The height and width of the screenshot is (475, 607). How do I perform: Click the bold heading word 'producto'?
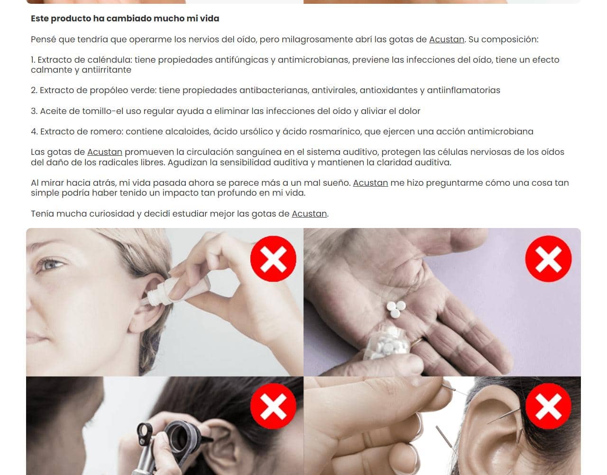pyautogui.click(x=71, y=19)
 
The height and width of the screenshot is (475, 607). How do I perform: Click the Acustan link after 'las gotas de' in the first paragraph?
pyautogui.click(x=446, y=39)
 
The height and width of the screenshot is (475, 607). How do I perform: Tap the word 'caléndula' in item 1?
pyautogui.click(x=109, y=60)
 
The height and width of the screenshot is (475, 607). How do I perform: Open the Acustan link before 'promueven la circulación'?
pyautogui.click(x=105, y=152)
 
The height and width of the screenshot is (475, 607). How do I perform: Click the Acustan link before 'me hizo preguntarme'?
pyautogui.click(x=370, y=183)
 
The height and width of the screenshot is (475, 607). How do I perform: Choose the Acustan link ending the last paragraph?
pyautogui.click(x=309, y=214)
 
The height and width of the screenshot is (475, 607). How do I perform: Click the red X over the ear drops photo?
pyautogui.click(x=273, y=259)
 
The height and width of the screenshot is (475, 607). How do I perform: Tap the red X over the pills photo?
pyautogui.click(x=548, y=259)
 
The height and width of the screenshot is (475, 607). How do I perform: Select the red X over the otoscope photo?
pyautogui.click(x=273, y=406)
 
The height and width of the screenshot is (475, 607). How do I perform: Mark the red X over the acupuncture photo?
pyautogui.click(x=548, y=406)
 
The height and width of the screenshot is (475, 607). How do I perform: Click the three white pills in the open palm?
pyautogui.click(x=396, y=306)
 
